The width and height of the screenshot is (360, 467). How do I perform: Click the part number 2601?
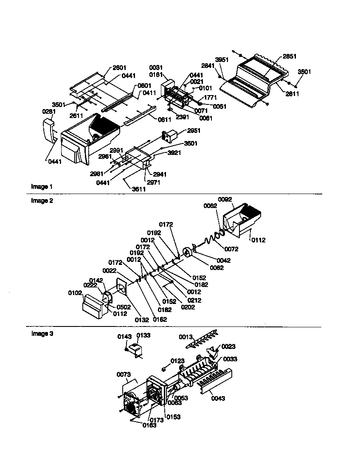[x=120, y=68]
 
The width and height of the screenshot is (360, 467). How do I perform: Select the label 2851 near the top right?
[x=290, y=56]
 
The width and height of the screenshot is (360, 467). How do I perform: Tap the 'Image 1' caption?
[x=42, y=186]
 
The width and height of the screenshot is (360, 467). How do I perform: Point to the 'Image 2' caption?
[x=42, y=201]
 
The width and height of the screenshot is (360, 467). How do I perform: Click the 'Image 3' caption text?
[x=42, y=334]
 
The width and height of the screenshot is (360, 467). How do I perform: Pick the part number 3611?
[x=139, y=189]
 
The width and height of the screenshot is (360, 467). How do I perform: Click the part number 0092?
[x=225, y=199]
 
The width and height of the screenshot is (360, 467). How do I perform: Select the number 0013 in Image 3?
[x=185, y=337]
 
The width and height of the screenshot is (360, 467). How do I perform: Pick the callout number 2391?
[x=183, y=116]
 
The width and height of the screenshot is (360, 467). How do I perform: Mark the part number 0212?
[x=194, y=300]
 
